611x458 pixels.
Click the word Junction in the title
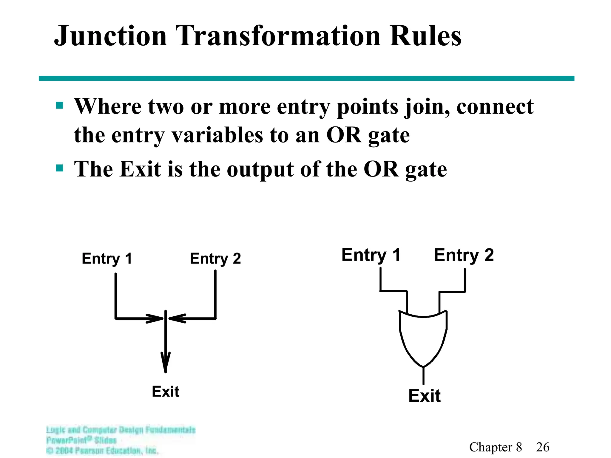(x=110, y=36)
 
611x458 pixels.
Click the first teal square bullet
(x=60, y=106)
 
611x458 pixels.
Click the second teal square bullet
(x=60, y=168)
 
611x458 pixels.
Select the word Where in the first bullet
(x=107, y=106)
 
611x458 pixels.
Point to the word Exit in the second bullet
(x=140, y=169)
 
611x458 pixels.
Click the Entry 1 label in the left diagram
(x=107, y=258)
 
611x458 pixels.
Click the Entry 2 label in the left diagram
(x=215, y=258)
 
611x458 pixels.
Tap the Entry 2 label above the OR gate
(x=464, y=255)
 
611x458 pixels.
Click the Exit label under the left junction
(x=166, y=392)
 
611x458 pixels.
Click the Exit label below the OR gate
(x=424, y=396)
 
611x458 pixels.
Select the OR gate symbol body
(x=423, y=337)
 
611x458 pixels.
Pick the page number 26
(x=542, y=447)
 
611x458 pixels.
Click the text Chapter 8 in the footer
(x=496, y=447)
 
